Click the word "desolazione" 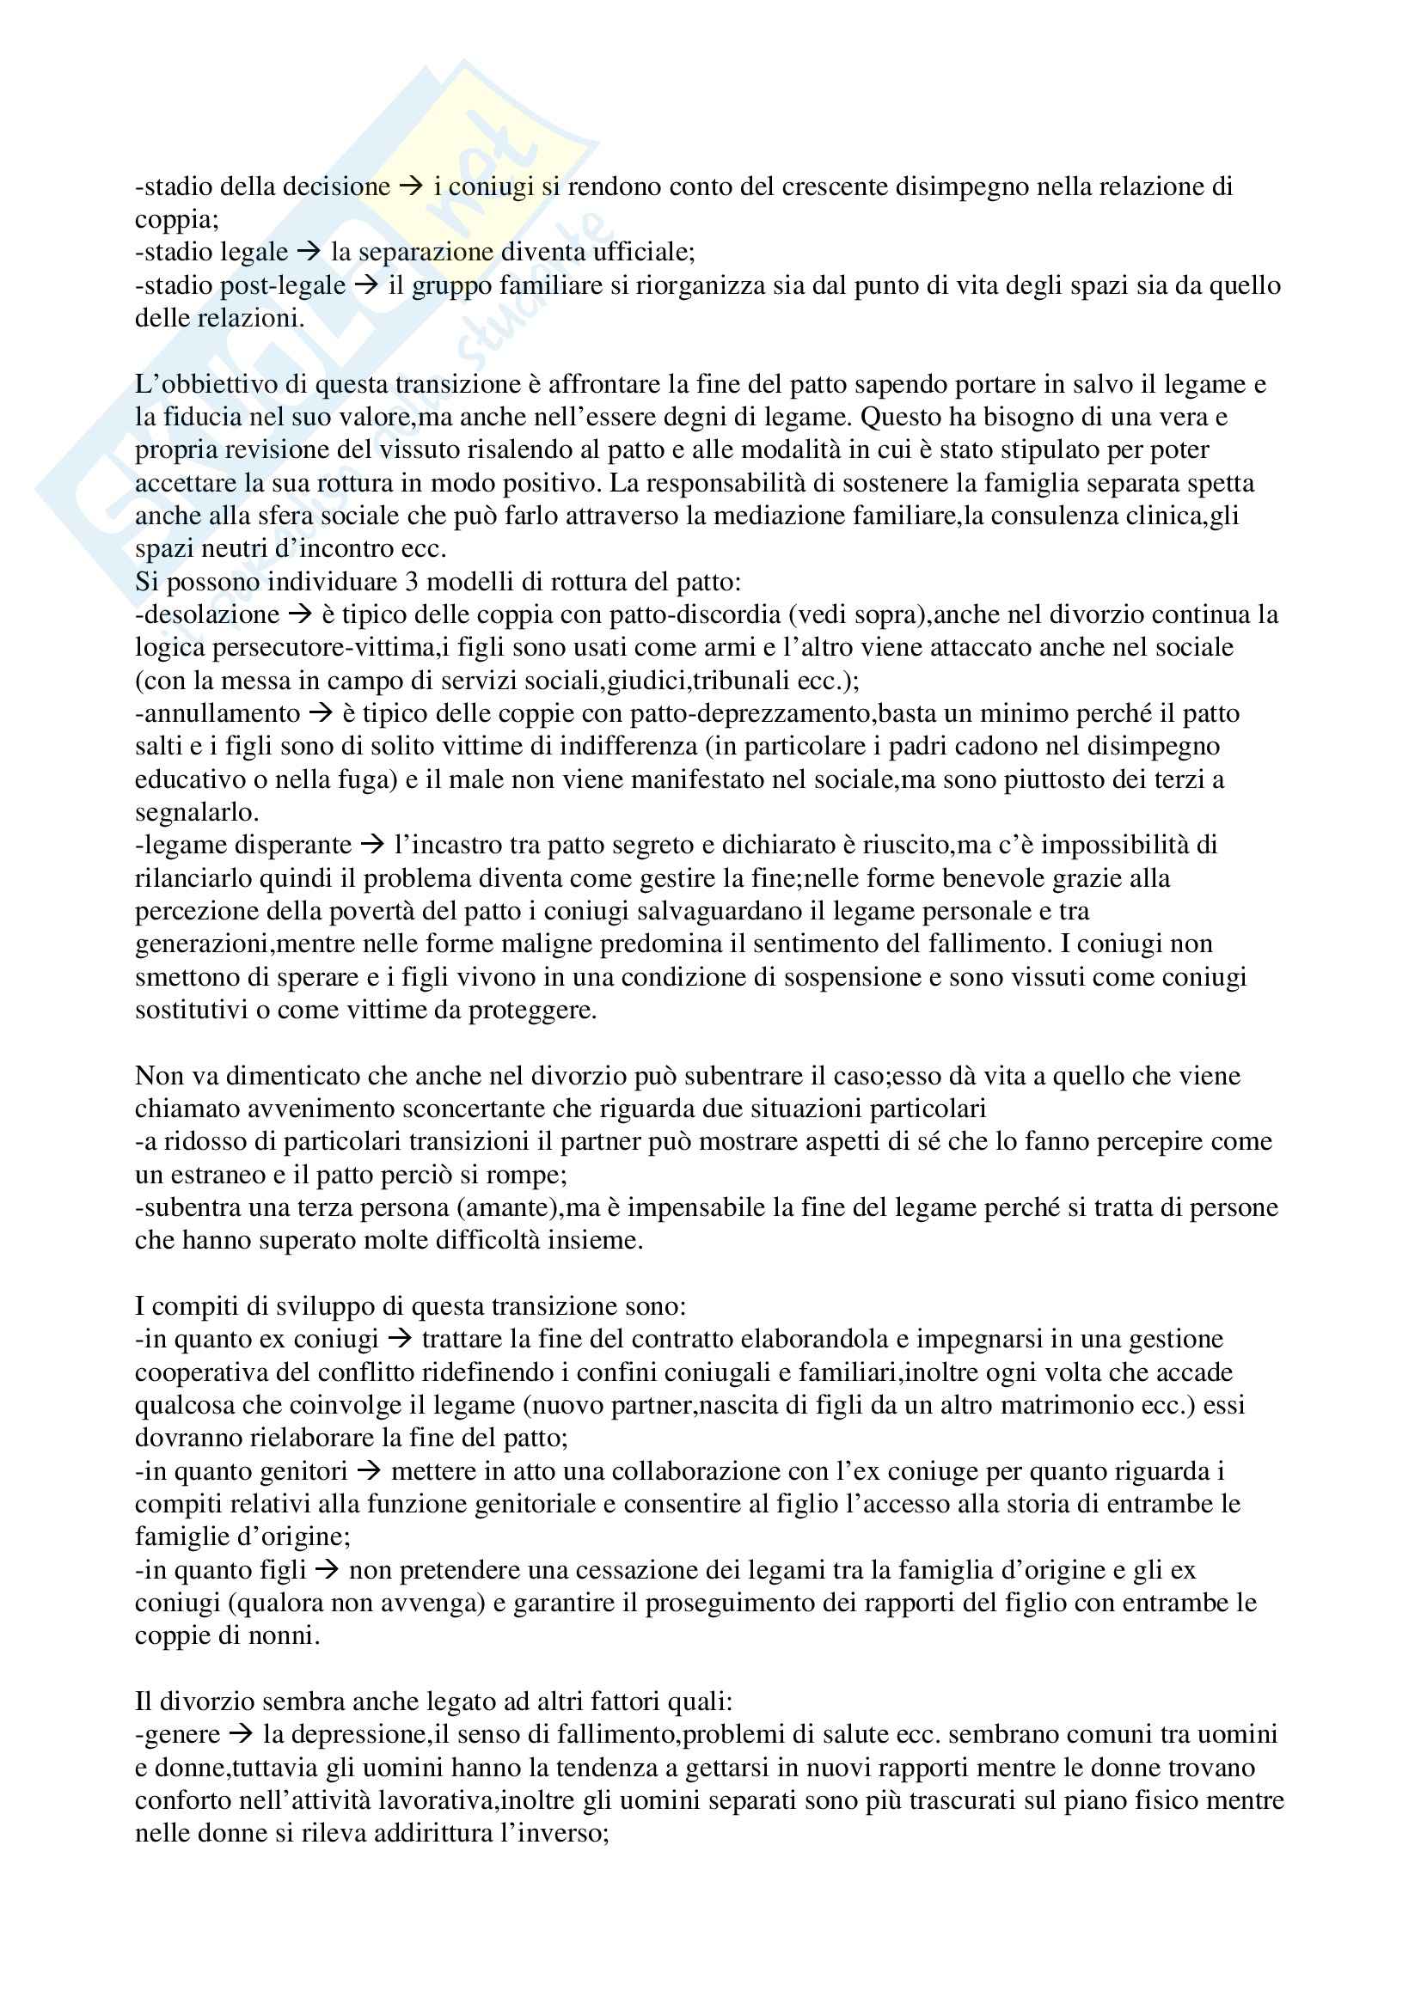(210, 614)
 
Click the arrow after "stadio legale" (309, 253)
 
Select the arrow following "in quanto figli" (328, 1571)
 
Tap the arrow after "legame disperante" (372, 846)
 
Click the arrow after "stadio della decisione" (410, 186)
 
